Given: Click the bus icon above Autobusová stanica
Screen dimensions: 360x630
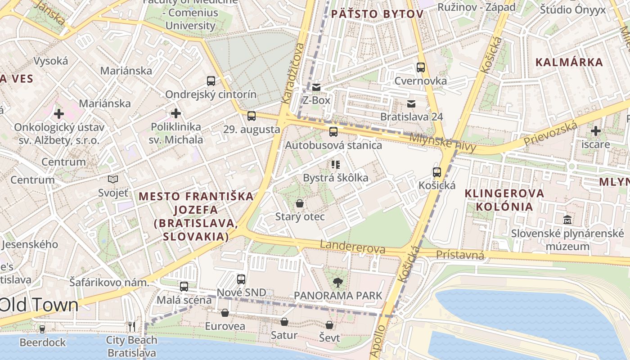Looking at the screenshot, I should [333, 132].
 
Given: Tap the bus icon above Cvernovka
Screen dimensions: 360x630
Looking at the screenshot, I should [421, 67].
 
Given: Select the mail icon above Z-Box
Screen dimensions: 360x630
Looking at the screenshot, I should [316, 87].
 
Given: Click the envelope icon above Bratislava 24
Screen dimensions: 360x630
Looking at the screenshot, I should [411, 104].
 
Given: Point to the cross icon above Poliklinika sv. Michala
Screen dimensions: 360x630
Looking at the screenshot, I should [176, 113].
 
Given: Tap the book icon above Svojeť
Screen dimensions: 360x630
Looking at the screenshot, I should [113, 180].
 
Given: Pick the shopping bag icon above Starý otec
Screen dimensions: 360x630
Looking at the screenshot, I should [300, 203].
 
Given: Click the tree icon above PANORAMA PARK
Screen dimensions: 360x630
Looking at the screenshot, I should [337, 283].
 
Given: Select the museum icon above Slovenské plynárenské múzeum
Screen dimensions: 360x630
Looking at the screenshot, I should [567, 220].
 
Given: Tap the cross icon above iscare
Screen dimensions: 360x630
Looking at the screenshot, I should [596, 131].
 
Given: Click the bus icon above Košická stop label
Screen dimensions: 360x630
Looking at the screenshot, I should [437, 172].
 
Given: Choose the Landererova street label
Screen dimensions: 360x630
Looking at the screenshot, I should [353, 247].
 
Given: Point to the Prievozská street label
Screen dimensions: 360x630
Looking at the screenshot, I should [550, 134].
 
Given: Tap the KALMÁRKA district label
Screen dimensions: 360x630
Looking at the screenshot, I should [569, 62].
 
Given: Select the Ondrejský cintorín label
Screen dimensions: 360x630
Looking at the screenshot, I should [211, 94].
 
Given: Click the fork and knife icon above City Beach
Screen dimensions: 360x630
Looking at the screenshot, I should [132, 326].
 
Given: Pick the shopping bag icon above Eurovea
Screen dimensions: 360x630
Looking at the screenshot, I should [225, 313].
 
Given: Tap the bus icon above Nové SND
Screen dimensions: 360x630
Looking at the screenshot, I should [241, 279].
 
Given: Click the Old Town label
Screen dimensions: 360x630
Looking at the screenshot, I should [40, 305].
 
